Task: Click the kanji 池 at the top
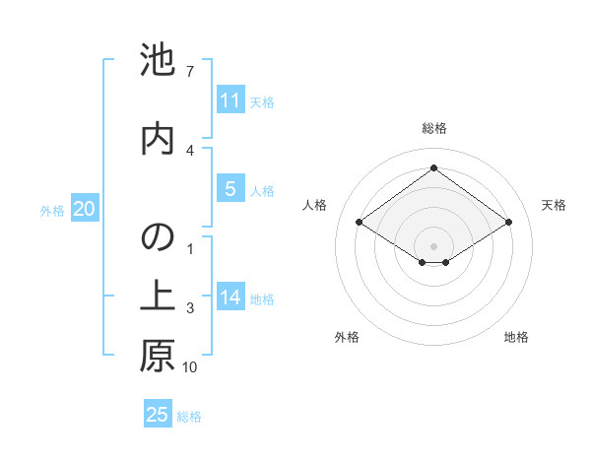pyautogui.click(x=158, y=60)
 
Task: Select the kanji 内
pyautogui.click(x=158, y=138)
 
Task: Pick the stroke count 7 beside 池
pyautogui.click(x=189, y=72)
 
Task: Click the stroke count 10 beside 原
pyautogui.click(x=189, y=367)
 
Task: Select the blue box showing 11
pyautogui.click(x=230, y=100)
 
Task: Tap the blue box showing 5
pyautogui.click(x=230, y=190)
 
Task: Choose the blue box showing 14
pyautogui.click(x=230, y=298)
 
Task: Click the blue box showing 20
pyautogui.click(x=85, y=209)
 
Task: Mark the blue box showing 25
pyautogui.click(x=158, y=415)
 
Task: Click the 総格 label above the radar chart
pyautogui.click(x=433, y=128)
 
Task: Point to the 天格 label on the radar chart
pyautogui.click(x=554, y=205)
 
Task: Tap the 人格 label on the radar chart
pyautogui.click(x=314, y=205)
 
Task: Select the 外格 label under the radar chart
pyautogui.click(x=347, y=338)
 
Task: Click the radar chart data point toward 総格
pyautogui.click(x=433, y=167)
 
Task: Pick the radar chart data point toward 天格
pyautogui.click(x=508, y=223)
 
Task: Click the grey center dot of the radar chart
pyautogui.click(x=433, y=244)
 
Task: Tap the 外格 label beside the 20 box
pyautogui.click(x=51, y=210)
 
